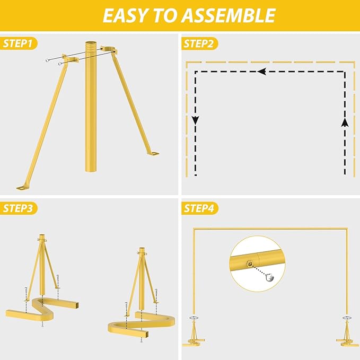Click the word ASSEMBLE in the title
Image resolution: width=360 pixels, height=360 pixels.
[229, 15]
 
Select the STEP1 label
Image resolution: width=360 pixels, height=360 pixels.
[17, 43]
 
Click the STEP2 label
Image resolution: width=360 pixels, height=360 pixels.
[198, 43]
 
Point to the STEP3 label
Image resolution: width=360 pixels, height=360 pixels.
[17, 208]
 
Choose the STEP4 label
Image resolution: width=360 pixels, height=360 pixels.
[199, 208]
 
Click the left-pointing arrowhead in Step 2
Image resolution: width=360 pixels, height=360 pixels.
[262, 72]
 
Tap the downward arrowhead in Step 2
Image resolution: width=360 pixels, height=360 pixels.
[196, 120]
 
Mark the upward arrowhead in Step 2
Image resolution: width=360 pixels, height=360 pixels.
[345, 122]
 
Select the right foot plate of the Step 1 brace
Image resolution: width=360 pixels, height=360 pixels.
[153, 153]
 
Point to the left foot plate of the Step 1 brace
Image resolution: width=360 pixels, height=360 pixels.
[22, 188]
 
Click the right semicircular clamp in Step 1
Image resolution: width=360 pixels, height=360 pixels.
[109, 49]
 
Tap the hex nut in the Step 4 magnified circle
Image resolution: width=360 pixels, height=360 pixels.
[250, 264]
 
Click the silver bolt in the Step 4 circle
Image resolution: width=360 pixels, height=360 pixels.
[270, 278]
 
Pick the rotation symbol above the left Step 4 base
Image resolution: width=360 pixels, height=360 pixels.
[194, 318]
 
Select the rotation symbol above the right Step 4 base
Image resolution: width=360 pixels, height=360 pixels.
[347, 318]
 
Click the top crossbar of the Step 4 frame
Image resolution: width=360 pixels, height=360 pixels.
[270, 229]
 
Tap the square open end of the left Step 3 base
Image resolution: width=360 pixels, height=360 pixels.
[77, 305]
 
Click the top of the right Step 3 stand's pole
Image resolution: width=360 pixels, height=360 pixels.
[142, 249]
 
